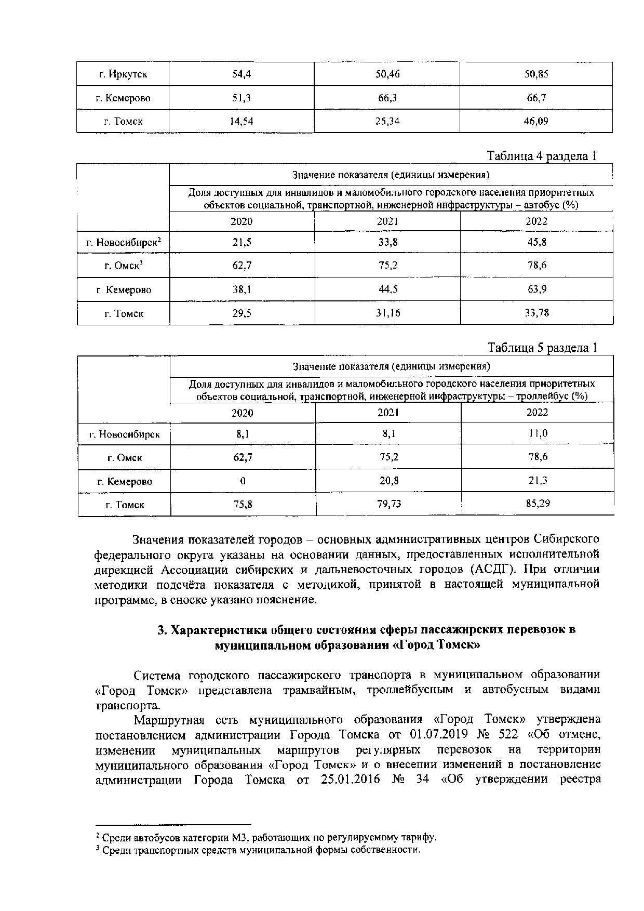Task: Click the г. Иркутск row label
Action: (x=123, y=74)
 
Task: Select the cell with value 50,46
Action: (x=387, y=74)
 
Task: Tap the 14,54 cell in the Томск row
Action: (x=242, y=122)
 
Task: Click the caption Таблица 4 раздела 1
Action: (x=542, y=156)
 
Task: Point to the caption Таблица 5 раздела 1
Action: (x=542, y=347)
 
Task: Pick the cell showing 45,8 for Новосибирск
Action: (x=536, y=242)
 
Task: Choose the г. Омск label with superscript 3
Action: (x=124, y=266)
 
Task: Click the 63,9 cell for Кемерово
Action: (x=537, y=289)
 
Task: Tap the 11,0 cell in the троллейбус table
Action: (x=538, y=433)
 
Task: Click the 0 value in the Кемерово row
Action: (x=243, y=481)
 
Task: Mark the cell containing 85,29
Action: (x=538, y=504)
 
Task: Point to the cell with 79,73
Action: (x=388, y=504)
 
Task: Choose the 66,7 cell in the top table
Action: (x=536, y=98)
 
